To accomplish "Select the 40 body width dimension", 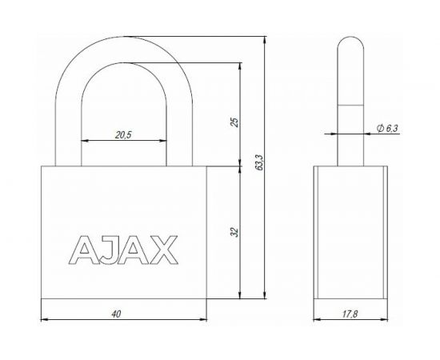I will coord(117,315).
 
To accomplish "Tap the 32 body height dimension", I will coord(233,232).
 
